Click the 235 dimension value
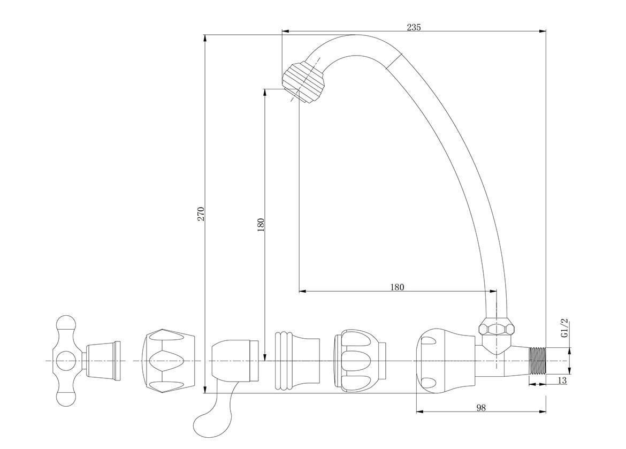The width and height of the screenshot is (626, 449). click(x=414, y=27)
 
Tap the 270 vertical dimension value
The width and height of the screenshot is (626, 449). click(x=201, y=214)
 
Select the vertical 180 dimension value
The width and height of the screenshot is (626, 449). click(x=261, y=225)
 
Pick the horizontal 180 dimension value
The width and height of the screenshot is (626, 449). click(x=397, y=287)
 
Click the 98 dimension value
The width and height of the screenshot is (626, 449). click(x=481, y=407)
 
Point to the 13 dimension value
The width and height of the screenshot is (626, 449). click(x=562, y=380)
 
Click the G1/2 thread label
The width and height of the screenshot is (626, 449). click(x=564, y=329)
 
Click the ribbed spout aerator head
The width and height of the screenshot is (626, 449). click(x=304, y=82)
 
